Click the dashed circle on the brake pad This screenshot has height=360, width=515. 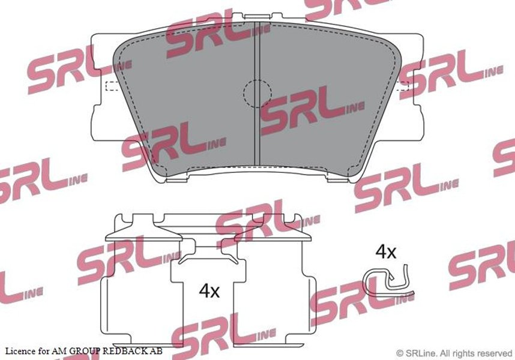(x=244, y=94)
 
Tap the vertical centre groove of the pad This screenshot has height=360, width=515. (x=257, y=94)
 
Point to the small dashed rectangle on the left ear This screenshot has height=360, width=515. (x=111, y=85)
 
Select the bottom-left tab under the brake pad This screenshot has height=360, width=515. (x=176, y=179)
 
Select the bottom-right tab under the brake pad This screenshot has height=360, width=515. (x=339, y=179)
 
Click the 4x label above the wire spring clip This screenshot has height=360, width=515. (x=386, y=252)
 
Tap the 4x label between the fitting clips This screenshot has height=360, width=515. (x=209, y=291)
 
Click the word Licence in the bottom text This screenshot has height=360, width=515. (x=20, y=351)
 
